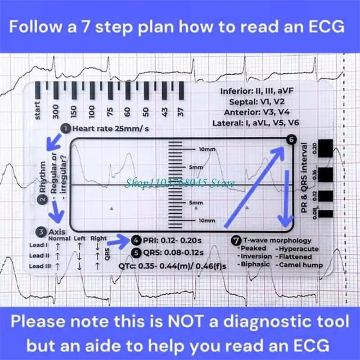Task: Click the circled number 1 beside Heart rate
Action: [66, 129]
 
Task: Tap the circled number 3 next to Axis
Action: [41, 232]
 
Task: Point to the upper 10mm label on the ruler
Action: [207, 149]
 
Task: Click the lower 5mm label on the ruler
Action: [196, 203]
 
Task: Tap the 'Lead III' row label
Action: [40, 266]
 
